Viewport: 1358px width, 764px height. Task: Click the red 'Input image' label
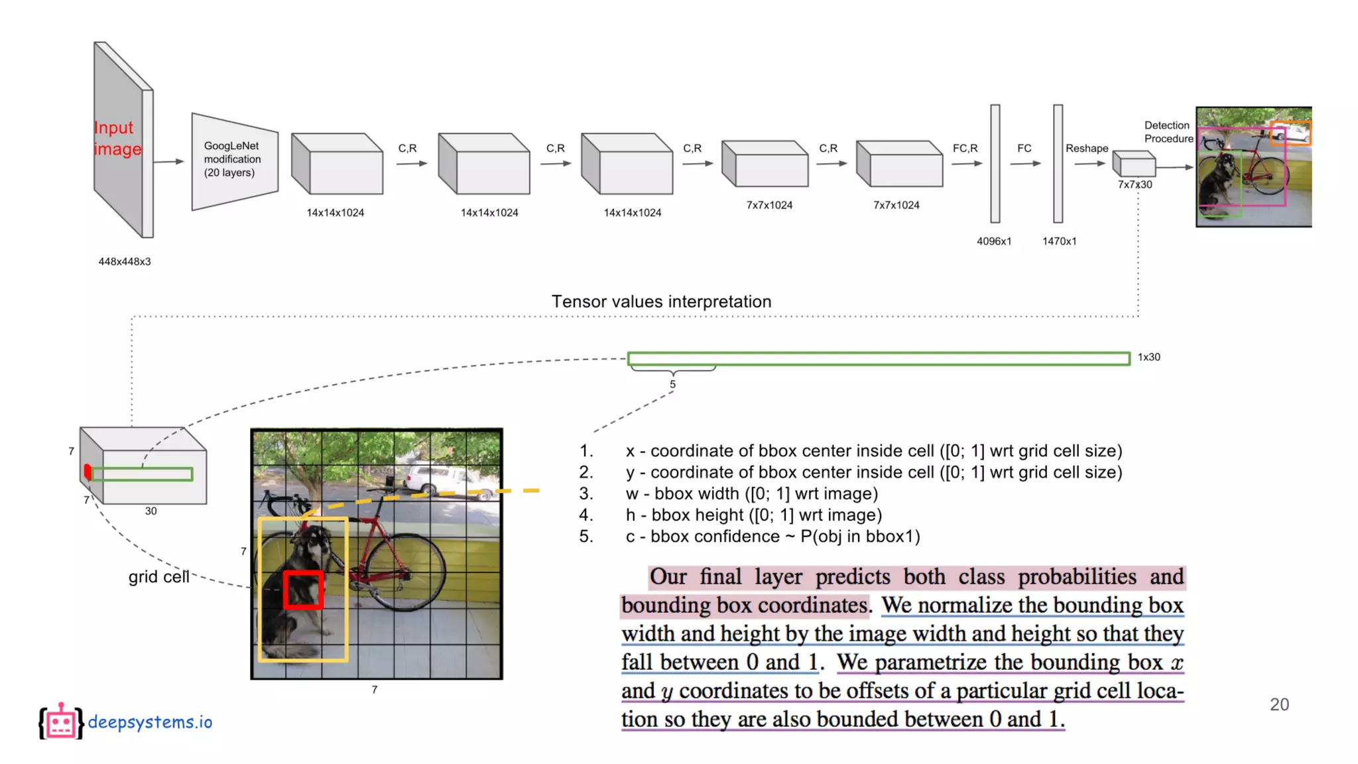[117, 138]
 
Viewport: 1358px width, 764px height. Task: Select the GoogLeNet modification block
[234, 160]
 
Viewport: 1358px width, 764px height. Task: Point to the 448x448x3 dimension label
[125, 261]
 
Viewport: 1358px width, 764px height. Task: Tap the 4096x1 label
[993, 241]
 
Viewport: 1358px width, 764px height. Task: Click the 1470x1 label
[1059, 241]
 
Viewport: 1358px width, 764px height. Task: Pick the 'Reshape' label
[1086, 149]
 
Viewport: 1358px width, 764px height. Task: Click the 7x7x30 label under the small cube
[1135, 184]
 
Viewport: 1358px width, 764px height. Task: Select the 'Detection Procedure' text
[1168, 132]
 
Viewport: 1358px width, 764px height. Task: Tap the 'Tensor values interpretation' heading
[661, 302]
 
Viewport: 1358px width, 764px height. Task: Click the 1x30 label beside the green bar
[1148, 357]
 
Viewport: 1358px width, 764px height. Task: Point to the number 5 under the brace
[672, 385]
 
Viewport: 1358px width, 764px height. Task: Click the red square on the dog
[304, 590]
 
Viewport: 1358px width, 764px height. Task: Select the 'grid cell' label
[158, 577]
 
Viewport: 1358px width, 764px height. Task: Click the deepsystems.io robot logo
[61, 722]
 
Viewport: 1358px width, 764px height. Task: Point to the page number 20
[1278, 704]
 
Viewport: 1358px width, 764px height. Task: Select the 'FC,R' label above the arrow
[965, 149]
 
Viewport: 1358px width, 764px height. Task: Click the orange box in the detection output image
[1290, 133]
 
